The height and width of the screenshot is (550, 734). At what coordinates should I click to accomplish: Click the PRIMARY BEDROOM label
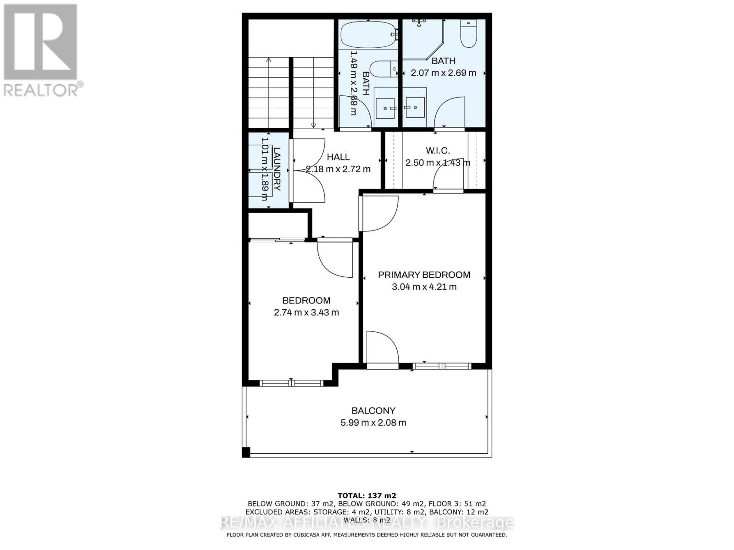click(x=424, y=275)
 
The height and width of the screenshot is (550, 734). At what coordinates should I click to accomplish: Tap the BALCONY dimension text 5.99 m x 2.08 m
click(x=373, y=423)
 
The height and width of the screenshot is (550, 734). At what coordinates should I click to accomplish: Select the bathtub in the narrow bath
click(x=368, y=35)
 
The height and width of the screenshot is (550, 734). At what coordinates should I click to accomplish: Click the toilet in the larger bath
click(x=469, y=33)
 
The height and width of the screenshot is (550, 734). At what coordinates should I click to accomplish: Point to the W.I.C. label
click(x=437, y=150)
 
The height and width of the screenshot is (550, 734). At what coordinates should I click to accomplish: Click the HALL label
click(x=338, y=157)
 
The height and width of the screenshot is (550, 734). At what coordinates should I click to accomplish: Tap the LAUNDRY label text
click(x=277, y=169)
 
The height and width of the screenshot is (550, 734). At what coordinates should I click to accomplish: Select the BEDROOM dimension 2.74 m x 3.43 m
click(x=306, y=313)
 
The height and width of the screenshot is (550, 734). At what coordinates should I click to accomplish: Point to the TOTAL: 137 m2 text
click(x=367, y=495)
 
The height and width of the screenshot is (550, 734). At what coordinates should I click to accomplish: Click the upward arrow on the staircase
click(x=268, y=60)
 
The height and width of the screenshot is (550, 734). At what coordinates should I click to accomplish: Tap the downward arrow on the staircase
click(x=313, y=125)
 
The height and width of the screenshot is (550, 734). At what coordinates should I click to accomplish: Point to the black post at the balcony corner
click(x=246, y=453)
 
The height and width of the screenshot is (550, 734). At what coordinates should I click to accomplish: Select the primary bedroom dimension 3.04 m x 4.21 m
click(x=424, y=287)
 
